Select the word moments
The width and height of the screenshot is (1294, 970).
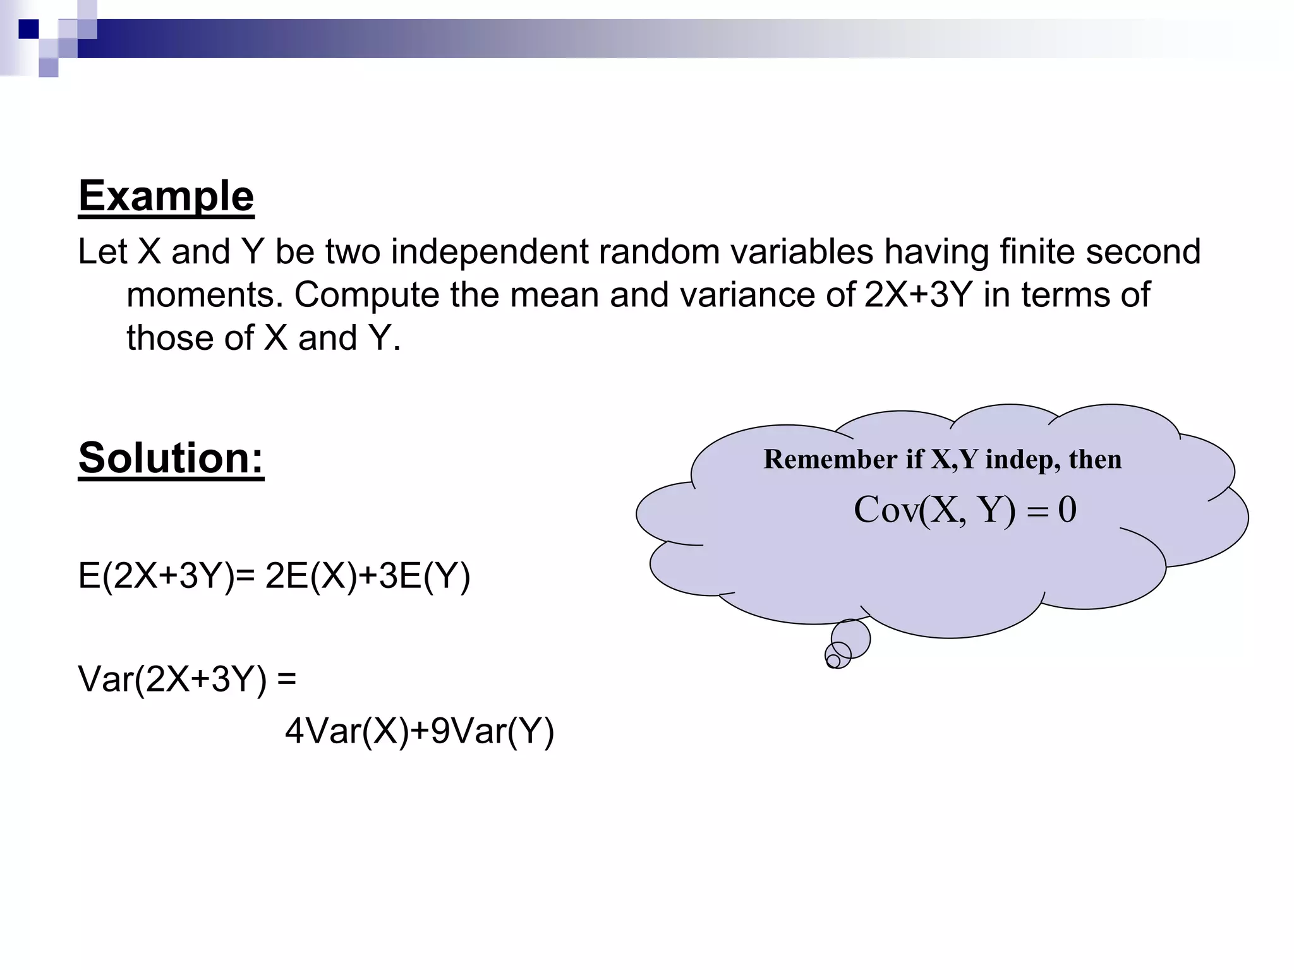point(204,295)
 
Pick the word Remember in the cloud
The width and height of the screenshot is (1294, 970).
point(830,459)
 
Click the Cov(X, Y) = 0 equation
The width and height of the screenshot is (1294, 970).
point(965,510)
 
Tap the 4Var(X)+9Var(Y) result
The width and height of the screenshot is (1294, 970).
point(420,731)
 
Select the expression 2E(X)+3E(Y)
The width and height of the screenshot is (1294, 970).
point(368,576)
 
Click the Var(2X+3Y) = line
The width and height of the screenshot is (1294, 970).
point(187,680)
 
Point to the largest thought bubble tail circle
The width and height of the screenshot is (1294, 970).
point(850,638)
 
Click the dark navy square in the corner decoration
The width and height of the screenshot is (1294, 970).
point(28,29)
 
